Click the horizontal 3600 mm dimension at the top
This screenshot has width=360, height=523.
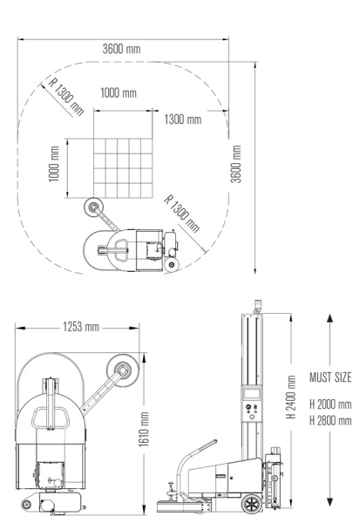(121, 49)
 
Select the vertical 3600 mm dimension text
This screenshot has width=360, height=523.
(236, 164)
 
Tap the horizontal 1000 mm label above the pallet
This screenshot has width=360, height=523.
(119, 92)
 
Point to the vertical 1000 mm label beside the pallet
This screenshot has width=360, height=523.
(54, 164)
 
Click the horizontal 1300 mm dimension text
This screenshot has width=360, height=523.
(183, 119)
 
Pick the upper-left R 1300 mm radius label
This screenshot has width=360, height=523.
(65, 97)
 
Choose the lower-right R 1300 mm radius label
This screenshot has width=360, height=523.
(182, 214)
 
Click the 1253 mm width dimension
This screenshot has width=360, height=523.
(81, 327)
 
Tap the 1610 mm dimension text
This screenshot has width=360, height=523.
(144, 429)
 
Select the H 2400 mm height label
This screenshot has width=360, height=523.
(291, 397)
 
